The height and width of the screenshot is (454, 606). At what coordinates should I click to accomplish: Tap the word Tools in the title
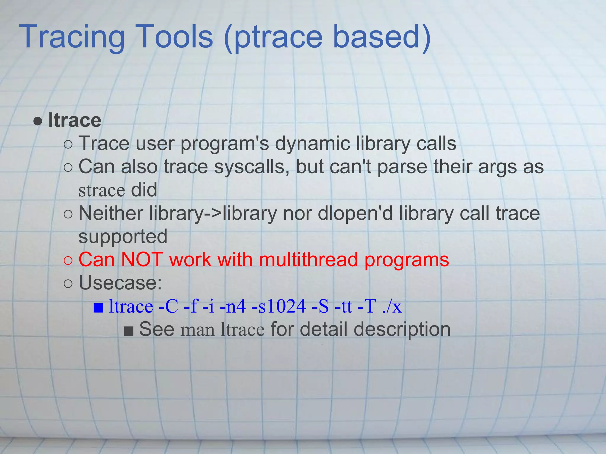pos(175,37)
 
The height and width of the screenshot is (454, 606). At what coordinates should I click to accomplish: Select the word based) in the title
pos(382,37)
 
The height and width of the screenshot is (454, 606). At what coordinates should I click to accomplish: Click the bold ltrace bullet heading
pos(75,120)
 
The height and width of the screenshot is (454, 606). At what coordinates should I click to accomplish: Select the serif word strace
pos(101,190)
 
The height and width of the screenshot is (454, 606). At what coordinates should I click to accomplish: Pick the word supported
pos(123,237)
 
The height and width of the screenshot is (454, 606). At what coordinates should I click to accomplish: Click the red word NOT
pos(142,260)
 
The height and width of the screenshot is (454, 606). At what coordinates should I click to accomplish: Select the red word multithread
pos(308,260)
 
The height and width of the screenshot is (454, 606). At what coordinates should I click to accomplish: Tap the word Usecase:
pos(120,283)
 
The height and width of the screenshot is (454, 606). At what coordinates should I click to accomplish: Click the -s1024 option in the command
pos(278,306)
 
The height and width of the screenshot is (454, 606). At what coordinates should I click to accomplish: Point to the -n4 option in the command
pos(233,306)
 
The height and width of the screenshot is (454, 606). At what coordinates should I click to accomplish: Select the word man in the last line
pos(198,330)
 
